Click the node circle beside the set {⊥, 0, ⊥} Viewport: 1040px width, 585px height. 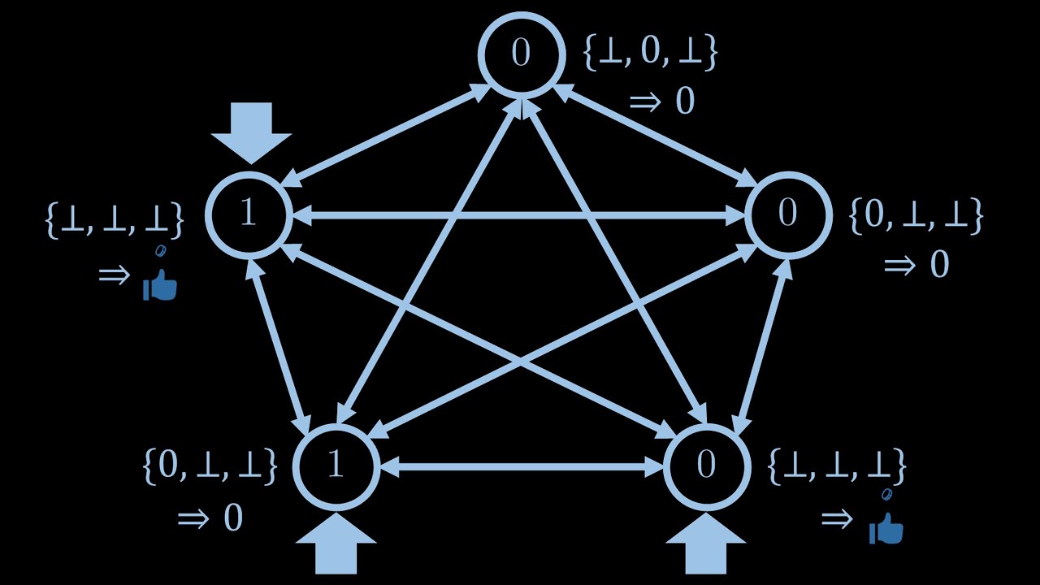(521, 54)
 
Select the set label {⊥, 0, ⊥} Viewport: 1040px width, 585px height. (650, 53)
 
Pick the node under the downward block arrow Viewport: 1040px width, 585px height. (249, 214)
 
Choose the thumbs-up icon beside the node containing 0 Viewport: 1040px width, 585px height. (886, 529)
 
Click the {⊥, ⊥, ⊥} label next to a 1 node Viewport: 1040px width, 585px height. (115, 220)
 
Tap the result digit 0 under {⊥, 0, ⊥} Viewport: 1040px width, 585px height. (685, 102)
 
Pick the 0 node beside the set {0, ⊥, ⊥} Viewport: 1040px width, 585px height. (788, 214)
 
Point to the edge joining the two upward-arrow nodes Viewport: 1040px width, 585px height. (521, 466)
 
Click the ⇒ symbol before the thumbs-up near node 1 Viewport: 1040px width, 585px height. (114, 275)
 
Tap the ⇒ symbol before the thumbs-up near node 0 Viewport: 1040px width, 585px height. (837, 518)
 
